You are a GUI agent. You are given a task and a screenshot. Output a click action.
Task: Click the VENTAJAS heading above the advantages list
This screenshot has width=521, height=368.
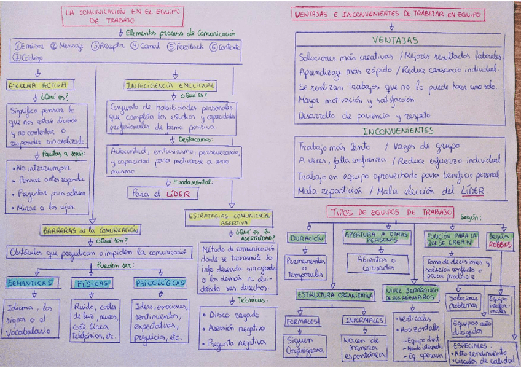coord(395,41)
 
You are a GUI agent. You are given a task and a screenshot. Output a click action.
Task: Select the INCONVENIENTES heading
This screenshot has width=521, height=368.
coord(398,131)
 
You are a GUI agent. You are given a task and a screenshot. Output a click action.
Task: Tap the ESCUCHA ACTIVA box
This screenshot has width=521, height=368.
coord(38,85)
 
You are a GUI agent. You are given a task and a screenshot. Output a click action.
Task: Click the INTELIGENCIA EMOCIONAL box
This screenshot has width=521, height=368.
coord(170,85)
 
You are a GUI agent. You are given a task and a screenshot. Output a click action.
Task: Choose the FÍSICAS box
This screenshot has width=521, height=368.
coord(93,283)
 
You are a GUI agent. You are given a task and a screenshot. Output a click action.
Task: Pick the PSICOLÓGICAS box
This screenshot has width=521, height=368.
coord(159,283)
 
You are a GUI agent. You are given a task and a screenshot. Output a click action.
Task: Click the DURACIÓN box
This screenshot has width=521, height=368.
coord(307,238)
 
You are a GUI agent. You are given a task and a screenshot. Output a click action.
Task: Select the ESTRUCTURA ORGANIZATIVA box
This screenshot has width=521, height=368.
coord(335,296)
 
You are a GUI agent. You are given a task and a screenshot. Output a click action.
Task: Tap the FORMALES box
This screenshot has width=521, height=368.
coord(302,321)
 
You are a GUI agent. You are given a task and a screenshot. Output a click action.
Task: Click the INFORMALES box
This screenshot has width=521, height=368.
coord(364,321)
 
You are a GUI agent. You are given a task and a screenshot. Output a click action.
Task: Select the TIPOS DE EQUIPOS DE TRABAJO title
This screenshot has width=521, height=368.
coord(391,212)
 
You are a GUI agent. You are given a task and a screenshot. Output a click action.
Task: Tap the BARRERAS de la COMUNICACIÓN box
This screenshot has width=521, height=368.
coord(90,230)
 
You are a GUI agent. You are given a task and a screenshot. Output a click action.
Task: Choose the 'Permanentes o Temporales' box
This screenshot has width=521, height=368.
coord(306,266)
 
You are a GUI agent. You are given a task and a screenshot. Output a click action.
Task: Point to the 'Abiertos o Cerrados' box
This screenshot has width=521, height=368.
coord(377,264)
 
